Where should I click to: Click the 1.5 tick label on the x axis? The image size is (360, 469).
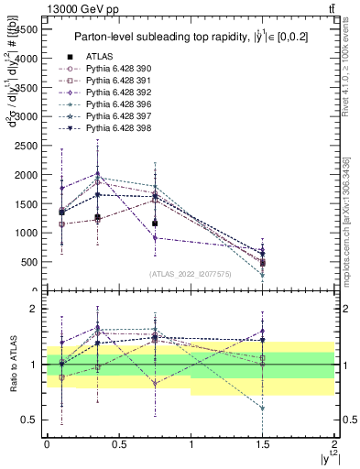click(x=263, y=443)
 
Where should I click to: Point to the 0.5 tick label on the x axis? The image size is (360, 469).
click(x=119, y=443)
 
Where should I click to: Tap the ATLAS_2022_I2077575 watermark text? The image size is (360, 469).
click(x=191, y=273)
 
